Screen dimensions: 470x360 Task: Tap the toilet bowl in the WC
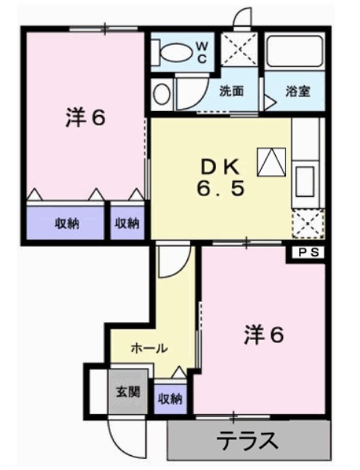click(x=176, y=52)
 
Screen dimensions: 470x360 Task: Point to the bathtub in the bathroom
click(x=295, y=52)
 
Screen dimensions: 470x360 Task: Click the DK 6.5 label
click(x=221, y=178)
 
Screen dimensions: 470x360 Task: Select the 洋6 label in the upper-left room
click(x=83, y=118)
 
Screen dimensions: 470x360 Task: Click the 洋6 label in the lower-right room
click(x=264, y=336)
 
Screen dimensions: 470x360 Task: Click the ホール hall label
click(x=149, y=348)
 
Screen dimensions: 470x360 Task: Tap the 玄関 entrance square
click(x=126, y=391)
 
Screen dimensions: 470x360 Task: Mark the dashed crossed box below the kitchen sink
click(x=307, y=222)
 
